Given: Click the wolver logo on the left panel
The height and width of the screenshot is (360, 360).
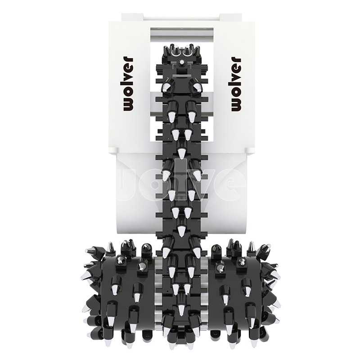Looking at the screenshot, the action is pyautogui.click(x=128, y=84).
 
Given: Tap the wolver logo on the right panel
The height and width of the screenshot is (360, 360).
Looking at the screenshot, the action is pyautogui.click(x=236, y=84).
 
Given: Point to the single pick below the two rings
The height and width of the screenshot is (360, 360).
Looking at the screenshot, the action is pyautogui.click(x=182, y=62).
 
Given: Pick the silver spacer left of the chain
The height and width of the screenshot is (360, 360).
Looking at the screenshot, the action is pyautogui.click(x=159, y=296).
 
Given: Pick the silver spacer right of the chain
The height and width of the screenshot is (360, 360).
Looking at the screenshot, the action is pyautogui.click(x=204, y=296).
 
